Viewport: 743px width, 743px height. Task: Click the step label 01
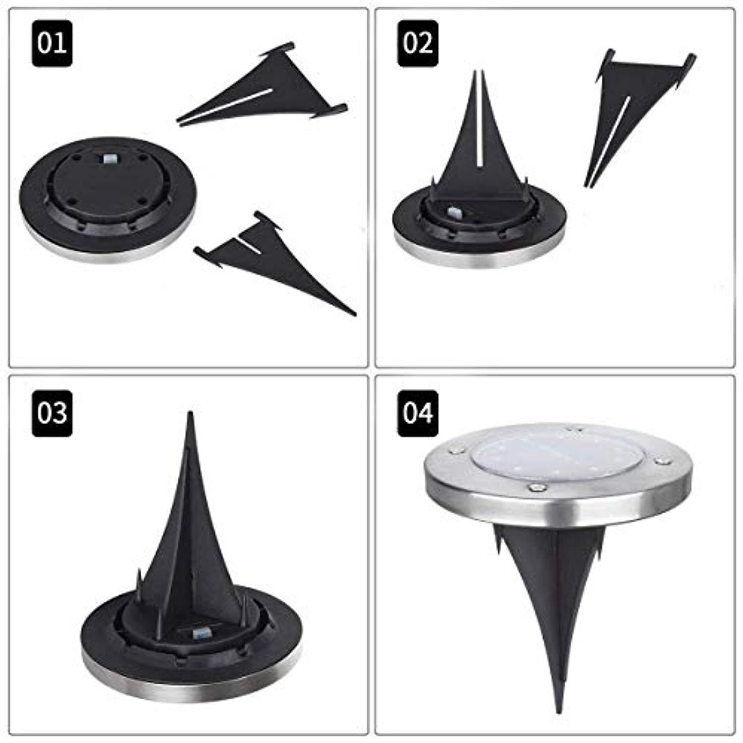(x=52, y=44)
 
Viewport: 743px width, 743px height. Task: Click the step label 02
(x=418, y=44)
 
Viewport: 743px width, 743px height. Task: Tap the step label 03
(x=52, y=413)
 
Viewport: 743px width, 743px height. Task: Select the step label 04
(x=418, y=413)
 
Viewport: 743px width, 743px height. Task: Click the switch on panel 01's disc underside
(x=108, y=160)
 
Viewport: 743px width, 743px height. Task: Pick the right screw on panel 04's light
(x=659, y=462)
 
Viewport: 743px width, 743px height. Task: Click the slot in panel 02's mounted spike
(x=479, y=124)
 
